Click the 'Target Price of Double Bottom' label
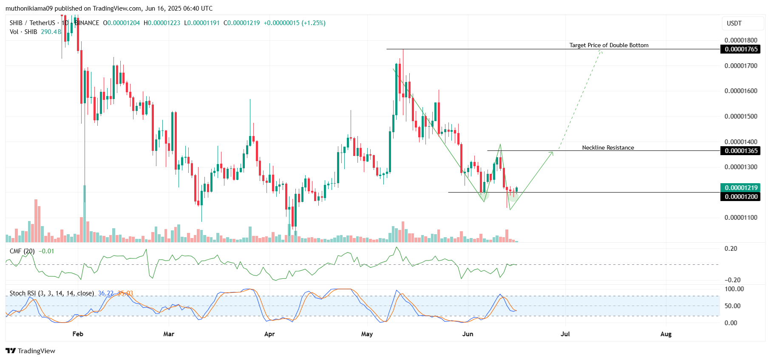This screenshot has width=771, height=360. [609, 45]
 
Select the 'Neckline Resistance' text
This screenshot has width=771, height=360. [608, 147]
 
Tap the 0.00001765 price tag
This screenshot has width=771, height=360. [741, 49]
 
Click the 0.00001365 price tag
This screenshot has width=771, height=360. [741, 151]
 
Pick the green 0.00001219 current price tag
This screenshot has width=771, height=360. [741, 187]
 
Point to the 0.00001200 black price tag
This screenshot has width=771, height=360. [741, 197]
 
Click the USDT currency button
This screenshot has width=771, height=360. [734, 23]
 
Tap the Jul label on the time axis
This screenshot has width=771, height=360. [565, 334]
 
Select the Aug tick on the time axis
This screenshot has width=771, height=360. [666, 334]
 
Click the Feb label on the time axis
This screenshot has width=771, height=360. [78, 334]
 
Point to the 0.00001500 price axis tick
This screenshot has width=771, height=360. [741, 116]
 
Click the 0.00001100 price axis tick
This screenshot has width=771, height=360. [741, 218]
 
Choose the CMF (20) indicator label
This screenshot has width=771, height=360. [22, 251]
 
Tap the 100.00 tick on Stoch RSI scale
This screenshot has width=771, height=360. [734, 289]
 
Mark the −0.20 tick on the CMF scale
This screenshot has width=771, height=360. [732, 280]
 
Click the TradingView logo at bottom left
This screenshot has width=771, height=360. [31, 351]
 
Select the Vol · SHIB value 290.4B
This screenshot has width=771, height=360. [51, 32]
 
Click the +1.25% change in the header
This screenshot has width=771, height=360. [313, 23]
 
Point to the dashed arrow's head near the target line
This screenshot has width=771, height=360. [601, 51]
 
